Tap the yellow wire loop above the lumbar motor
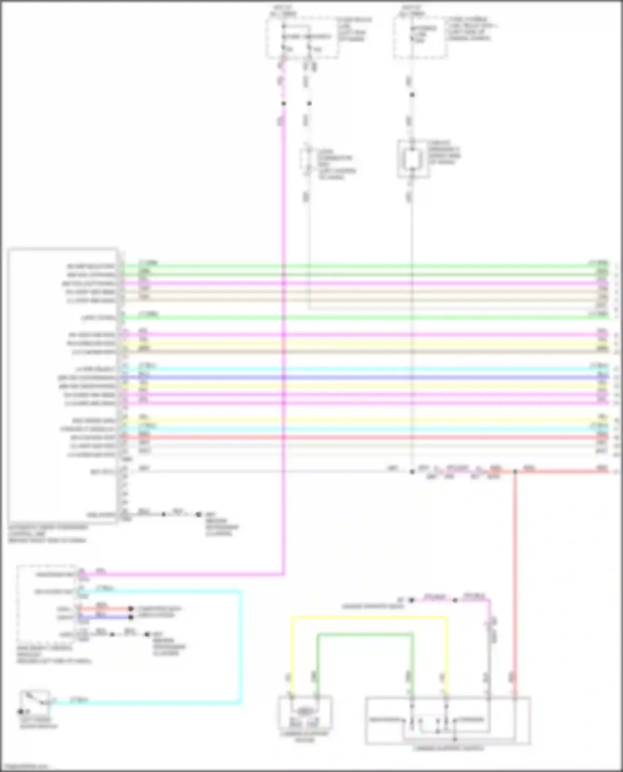pyautogui.click(x=370, y=618)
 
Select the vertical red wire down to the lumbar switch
pyautogui.click(x=514, y=581)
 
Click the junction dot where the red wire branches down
pyautogui.click(x=515, y=472)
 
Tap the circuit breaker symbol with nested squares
pyautogui.click(x=412, y=159)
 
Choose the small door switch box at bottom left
pyautogui.click(x=36, y=701)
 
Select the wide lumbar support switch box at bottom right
pyautogui.click(x=447, y=721)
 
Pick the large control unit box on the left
pyautogui.click(x=62, y=386)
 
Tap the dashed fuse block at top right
pyautogui.click(x=420, y=37)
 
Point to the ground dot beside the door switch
pyautogui.click(x=20, y=712)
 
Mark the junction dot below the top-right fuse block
pyautogui.click(x=412, y=95)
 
